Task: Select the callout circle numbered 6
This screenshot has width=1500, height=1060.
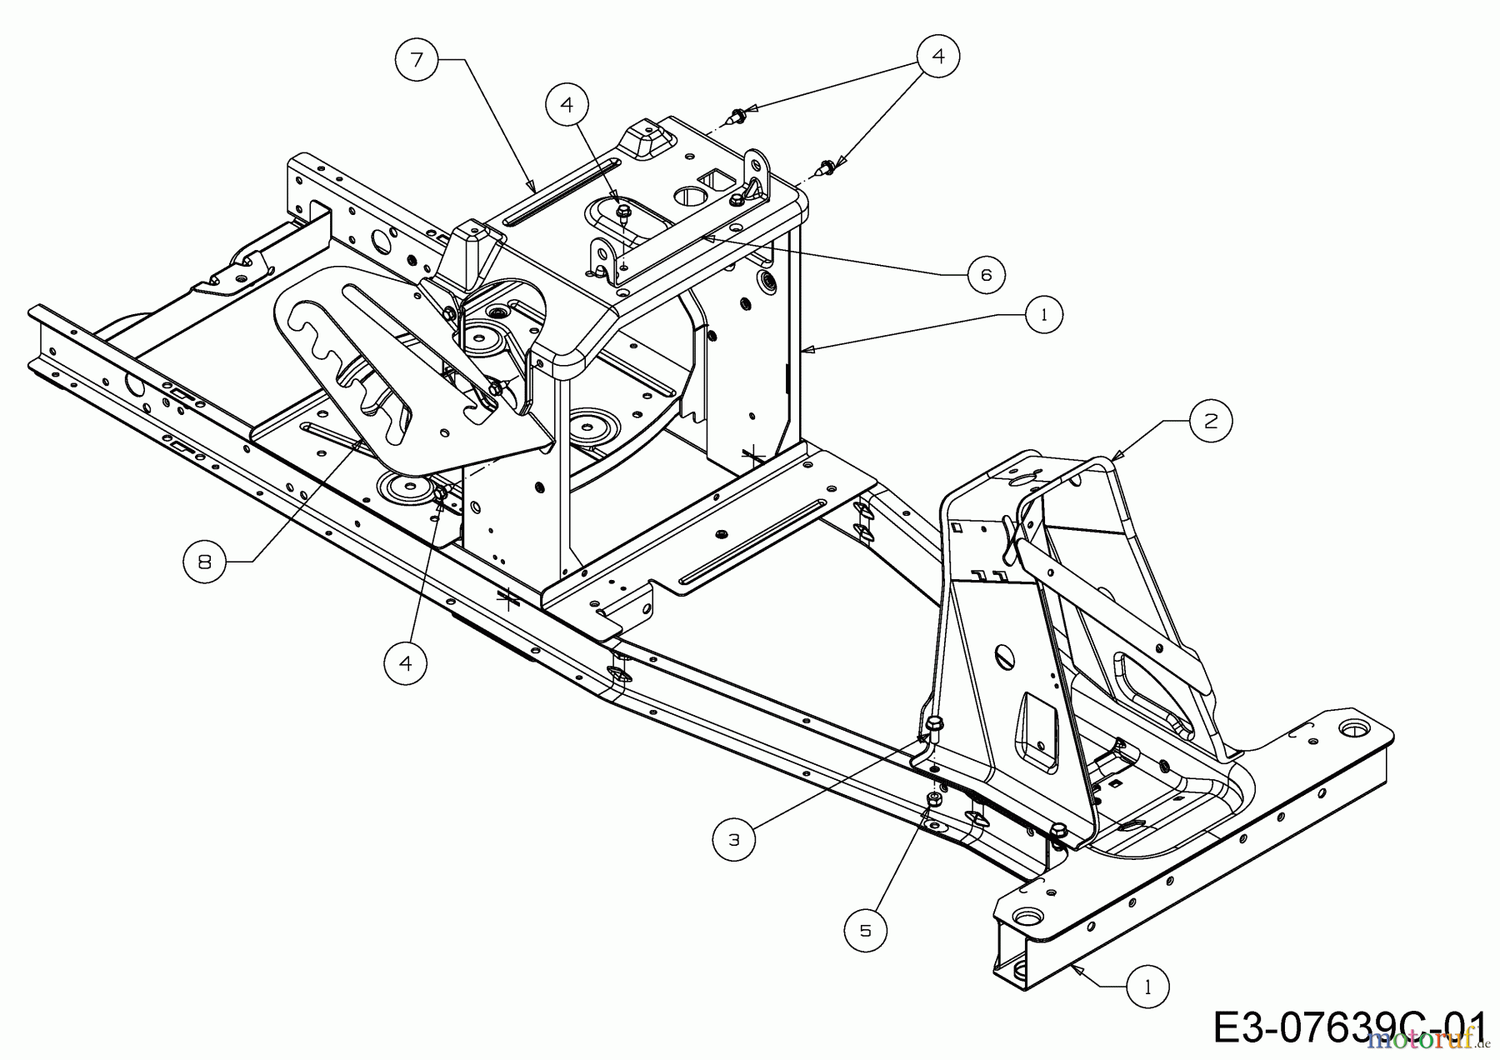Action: point(987,274)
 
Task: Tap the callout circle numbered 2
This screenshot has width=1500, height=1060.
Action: point(1210,421)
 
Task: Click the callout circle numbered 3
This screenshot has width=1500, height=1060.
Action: point(734,840)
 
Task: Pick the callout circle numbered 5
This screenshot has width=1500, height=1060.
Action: point(865,929)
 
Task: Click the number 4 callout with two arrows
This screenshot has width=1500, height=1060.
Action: point(938,56)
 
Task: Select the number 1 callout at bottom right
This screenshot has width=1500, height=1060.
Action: point(1148,987)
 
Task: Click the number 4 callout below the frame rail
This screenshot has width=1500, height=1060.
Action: point(406,663)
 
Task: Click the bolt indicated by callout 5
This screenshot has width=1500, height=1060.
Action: point(934,800)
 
